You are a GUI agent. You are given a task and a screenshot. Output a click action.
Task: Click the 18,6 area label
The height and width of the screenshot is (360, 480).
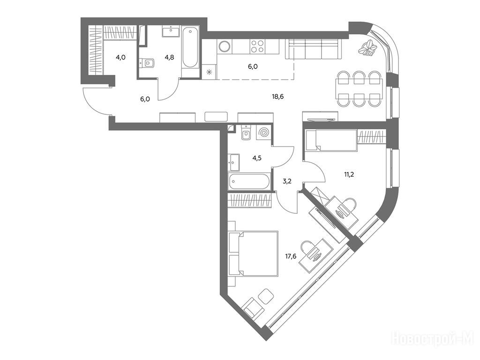[277, 97]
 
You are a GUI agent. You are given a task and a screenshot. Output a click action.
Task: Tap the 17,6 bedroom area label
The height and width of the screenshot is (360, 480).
[291, 256]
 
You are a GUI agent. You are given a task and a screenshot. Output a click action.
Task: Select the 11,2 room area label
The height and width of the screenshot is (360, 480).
[349, 175]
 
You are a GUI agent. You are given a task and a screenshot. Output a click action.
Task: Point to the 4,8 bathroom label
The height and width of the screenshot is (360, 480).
[169, 57]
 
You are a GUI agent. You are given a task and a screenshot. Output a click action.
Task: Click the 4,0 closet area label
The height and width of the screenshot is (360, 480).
[120, 57]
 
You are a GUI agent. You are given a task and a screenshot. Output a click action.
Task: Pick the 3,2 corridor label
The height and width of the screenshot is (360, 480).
[287, 181]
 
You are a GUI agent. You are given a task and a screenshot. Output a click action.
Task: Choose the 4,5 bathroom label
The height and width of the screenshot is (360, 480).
[257, 158]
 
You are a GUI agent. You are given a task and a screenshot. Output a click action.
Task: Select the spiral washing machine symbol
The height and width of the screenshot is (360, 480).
[263, 133]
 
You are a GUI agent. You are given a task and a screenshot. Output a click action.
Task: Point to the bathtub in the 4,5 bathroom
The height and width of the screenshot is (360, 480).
[249, 181]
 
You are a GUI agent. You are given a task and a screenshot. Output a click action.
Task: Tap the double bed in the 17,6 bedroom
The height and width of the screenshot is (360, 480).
[254, 254]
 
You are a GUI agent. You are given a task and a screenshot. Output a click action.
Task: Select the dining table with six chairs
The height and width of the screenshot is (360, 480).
[359, 89]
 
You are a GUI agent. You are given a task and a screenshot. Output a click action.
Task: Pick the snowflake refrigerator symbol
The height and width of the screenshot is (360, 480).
[210, 72]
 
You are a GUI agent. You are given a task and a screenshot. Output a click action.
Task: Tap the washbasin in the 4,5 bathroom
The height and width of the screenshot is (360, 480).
[234, 162]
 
